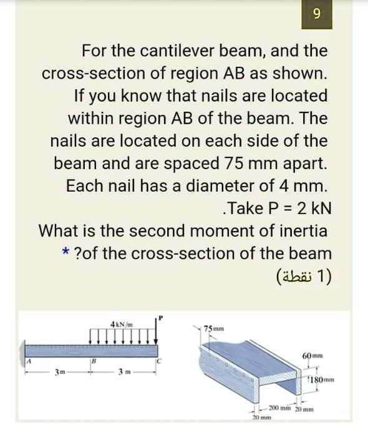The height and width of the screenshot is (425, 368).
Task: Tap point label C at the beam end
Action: coord(160,360)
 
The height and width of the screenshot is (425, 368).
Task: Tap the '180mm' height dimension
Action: coord(322,381)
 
